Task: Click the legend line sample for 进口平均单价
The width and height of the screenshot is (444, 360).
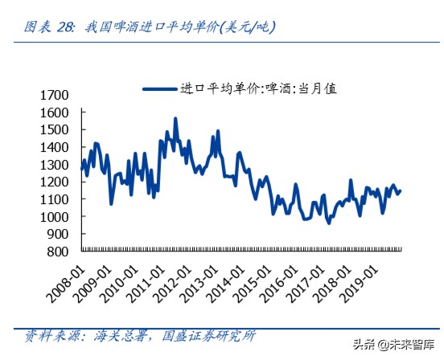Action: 161,88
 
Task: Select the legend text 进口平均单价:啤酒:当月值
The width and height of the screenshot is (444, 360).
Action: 257,88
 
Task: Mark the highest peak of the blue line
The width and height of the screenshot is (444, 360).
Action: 175,119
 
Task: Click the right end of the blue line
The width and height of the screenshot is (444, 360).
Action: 401,190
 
